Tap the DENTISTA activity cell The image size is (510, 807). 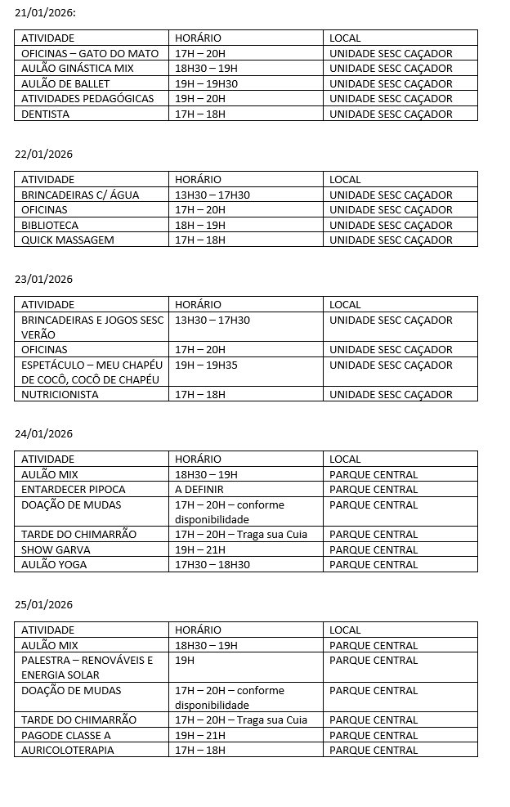click(46, 114)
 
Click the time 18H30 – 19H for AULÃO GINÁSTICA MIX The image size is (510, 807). click(206, 69)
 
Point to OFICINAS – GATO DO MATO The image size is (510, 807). click(90, 53)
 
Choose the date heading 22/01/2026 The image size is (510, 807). click(44, 154)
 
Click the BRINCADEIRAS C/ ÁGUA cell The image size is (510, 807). click(80, 195)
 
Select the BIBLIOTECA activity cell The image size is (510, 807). click(50, 225)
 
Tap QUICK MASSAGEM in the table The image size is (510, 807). click(68, 240)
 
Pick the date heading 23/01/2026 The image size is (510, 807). click(44, 279)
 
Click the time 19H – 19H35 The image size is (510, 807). click(206, 365)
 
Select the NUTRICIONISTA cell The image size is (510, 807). click(60, 394)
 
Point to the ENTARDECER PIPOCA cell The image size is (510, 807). click(74, 489)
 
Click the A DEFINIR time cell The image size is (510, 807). click(199, 489)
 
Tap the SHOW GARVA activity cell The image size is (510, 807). click(56, 549)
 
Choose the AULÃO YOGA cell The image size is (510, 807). click(54, 564)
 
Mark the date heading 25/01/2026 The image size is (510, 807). click(44, 604)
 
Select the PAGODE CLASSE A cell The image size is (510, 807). click(66, 735)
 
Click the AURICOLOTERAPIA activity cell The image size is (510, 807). click(68, 750)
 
